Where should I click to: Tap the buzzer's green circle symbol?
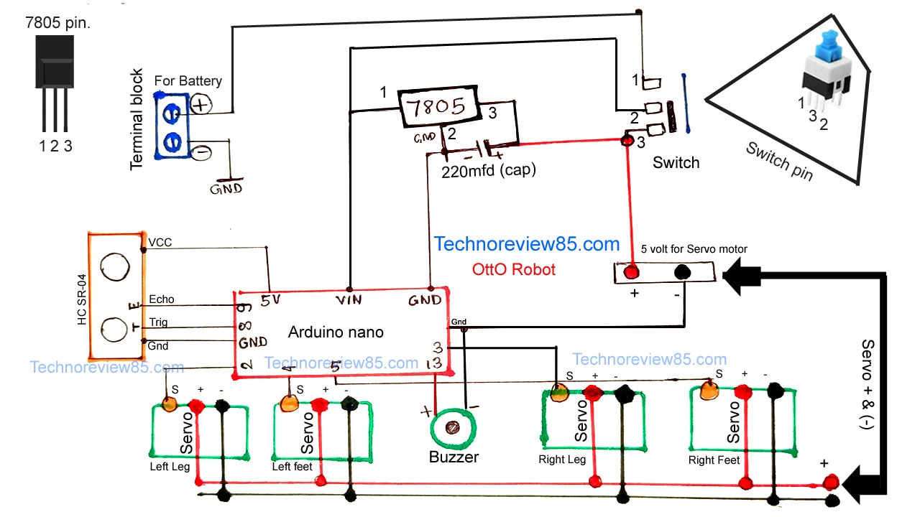[453, 428]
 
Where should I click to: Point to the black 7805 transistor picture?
[55, 65]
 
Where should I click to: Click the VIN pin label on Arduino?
[350, 299]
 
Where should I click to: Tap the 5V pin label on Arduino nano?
[270, 301]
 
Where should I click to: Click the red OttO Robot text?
[514, 271]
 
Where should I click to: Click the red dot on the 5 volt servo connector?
[632, 272]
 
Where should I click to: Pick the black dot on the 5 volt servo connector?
[681, 272]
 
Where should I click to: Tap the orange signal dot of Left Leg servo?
[170, 404]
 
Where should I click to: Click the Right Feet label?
[714, 460]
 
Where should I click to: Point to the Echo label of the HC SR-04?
[161, 299]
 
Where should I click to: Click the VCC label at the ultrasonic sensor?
[160, 243]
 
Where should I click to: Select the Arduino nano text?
[336, 332]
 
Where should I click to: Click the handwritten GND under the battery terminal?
[226, 189]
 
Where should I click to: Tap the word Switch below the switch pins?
[676, 163]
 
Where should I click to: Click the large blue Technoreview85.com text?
[526, 244]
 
